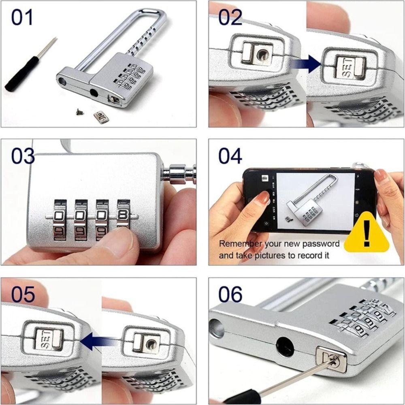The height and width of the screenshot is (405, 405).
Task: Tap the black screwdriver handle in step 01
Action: point(22,73)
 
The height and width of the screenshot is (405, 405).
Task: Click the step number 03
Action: point(23,156)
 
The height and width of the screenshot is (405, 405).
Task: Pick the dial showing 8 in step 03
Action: point(123,215)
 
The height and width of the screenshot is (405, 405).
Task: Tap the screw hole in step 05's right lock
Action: point(151,344)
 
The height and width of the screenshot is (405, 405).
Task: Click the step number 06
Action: point(230,294)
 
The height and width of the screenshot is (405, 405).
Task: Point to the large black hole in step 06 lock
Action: point(285,347)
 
